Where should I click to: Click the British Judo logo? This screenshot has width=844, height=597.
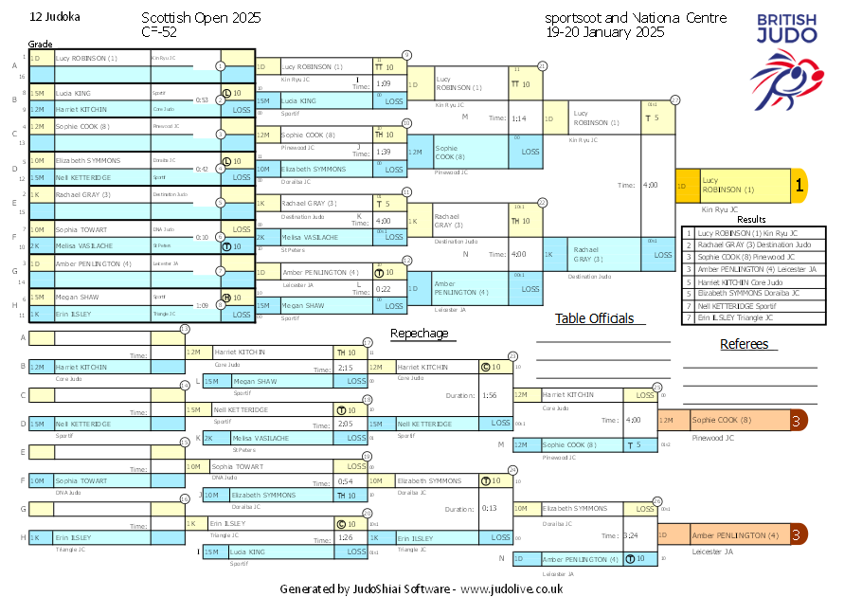pyautogui.click(x=786, y=57)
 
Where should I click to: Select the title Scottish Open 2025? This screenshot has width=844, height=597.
pyautogui.click(x=201, y=18)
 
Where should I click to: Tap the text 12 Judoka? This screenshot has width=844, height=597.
pyautogui.click(x=55, y=17)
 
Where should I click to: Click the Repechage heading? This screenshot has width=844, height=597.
pyautogui.click(x=419, y=334)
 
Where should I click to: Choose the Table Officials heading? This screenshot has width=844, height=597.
pyautogui.click(x=594, y=318)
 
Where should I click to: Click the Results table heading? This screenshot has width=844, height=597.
pyautogui.click(x=751, y=219)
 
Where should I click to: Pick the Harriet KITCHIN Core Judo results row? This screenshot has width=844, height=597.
pyautogui.click(x=754, y=281)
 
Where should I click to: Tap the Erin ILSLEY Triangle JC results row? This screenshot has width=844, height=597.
pyautogui.click(x=754, y=317)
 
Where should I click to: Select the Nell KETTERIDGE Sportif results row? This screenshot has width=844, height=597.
pyautogui.click(x=754, y=306)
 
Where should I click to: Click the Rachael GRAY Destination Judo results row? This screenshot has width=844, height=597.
pyautogui.click(x=754, y=244)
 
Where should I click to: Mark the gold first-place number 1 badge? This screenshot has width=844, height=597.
pyautogui.click(x=799, y=187)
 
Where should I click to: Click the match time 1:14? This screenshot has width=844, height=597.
pyautogui.click(x=518, y=118)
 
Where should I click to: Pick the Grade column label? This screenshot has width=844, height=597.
pyautogui.click(x=40, y=45)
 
